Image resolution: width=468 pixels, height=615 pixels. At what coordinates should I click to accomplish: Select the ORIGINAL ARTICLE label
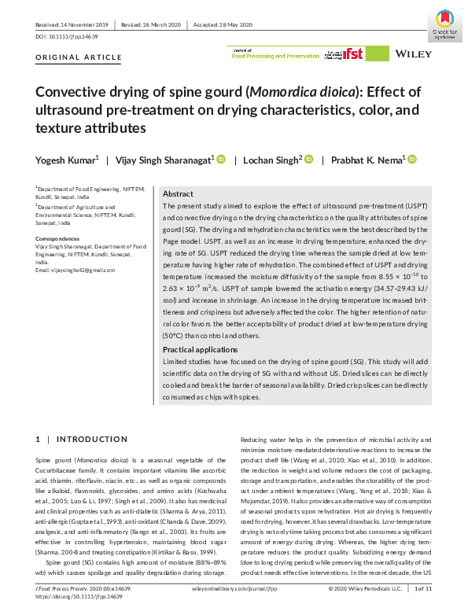[x=79, y=57]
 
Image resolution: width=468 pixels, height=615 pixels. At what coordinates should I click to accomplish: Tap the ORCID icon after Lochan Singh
[x=309, y=160]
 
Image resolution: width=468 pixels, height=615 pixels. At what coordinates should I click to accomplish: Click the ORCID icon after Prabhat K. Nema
[x=412, y=160]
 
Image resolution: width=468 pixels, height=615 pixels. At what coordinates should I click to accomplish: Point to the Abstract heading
[x=178, y=193]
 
